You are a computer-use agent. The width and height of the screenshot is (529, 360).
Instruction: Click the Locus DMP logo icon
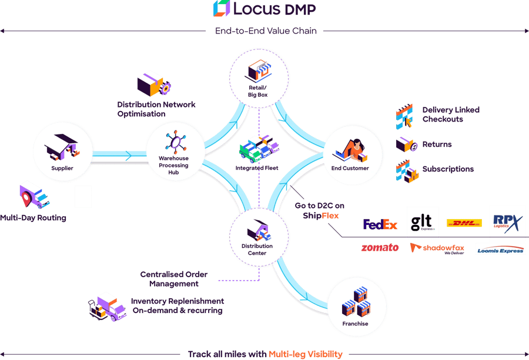(221, 8)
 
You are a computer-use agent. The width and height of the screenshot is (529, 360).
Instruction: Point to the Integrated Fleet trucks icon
(257, 148)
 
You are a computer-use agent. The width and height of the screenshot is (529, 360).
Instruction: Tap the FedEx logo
(380, 224)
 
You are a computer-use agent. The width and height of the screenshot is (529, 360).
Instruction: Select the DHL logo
(464, 223)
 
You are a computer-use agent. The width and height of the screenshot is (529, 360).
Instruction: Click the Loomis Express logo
(500, 248)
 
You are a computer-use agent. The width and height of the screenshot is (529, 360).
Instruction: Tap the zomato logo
(379, 248)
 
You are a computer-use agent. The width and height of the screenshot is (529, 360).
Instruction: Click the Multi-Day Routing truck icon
(34, 195)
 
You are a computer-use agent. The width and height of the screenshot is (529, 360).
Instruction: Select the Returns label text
(437, 144)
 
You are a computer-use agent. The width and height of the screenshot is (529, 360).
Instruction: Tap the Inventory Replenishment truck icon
(106, 305)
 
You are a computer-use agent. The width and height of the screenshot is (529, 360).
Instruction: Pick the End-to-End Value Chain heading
(264, 31)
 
